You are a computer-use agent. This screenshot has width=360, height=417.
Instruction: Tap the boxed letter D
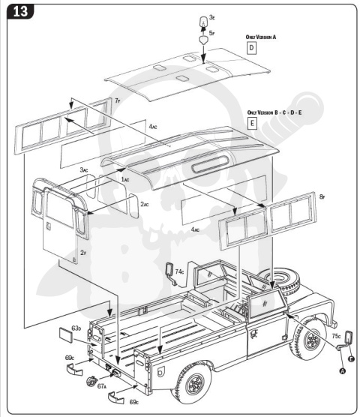pos(252,46)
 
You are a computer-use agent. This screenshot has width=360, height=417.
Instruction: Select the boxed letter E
pos(252,122)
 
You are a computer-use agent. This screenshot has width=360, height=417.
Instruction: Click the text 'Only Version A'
pos(262,35)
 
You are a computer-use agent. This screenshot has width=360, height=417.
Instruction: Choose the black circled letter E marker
pos(350,358)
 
